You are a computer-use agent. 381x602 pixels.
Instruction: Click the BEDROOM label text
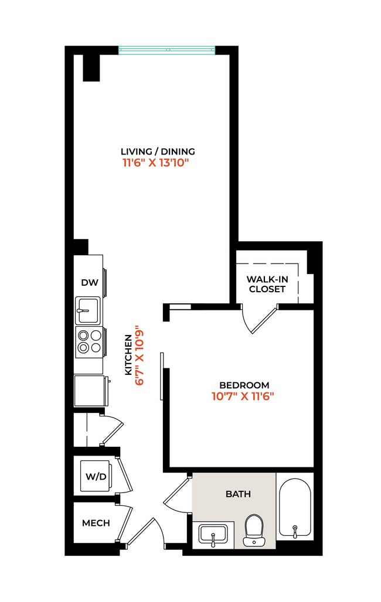244,385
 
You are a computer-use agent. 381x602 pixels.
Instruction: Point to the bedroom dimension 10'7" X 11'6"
243,396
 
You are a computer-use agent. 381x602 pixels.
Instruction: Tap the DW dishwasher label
89,283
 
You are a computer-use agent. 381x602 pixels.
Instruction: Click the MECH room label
96,522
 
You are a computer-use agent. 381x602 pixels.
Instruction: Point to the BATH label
238,494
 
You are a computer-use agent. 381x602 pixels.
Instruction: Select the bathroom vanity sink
213,535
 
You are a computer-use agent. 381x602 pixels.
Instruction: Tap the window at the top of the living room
166,50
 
